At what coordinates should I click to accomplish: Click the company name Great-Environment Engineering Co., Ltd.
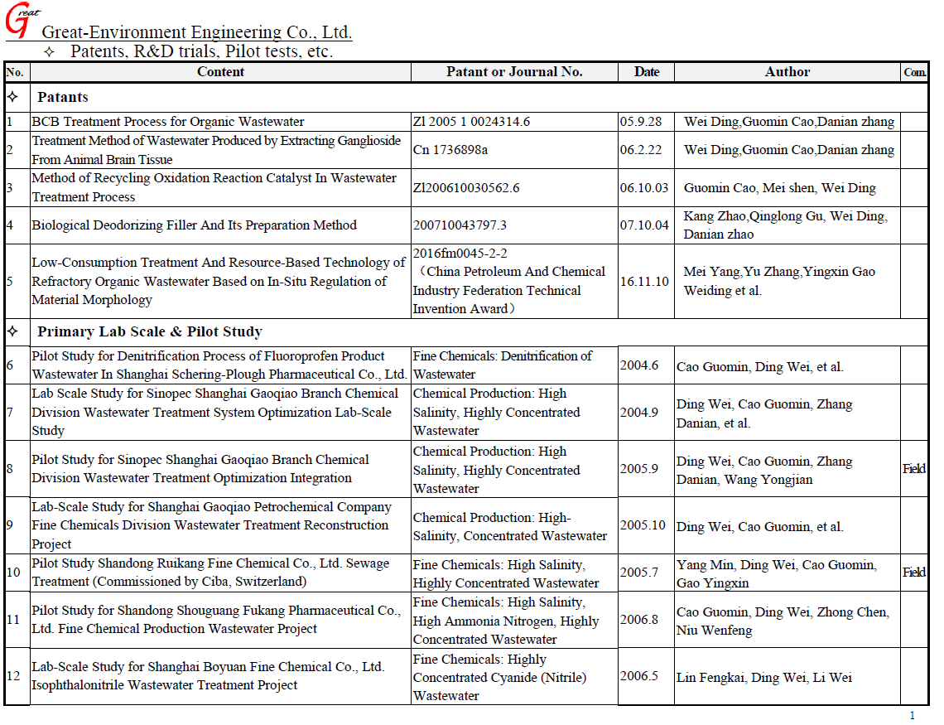(x=196, y=32)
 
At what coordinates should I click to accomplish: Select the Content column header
(x=220, y=72)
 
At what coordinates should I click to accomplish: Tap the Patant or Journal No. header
(x=514, y=72)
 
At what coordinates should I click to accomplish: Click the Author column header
(x=787, y=72)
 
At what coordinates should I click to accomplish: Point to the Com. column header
(x=914, y=73)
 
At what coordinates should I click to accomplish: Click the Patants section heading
(x=63, y=97)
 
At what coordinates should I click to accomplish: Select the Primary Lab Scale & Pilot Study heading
(x=150, y=331)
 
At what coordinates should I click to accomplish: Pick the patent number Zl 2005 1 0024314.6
(x=471, y=121)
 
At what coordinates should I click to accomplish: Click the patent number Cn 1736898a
(x=450, y=150)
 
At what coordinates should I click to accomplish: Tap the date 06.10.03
(x=643, y=188)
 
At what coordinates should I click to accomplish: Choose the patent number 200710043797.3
(x=460, y=225)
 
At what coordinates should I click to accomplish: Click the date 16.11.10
(x=644, y=282)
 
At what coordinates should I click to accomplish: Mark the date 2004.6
(x=639, y=365)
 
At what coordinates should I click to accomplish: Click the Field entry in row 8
(x=914, y=468)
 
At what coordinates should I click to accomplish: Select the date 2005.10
(x=643, y=526)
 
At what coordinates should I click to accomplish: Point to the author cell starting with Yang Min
(x=776, y=573)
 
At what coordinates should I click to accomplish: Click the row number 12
(x=13, y=676)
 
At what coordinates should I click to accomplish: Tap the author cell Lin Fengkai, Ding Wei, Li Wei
(x=763, y=678)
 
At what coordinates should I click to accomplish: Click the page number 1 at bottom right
(x=912, y=715)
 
